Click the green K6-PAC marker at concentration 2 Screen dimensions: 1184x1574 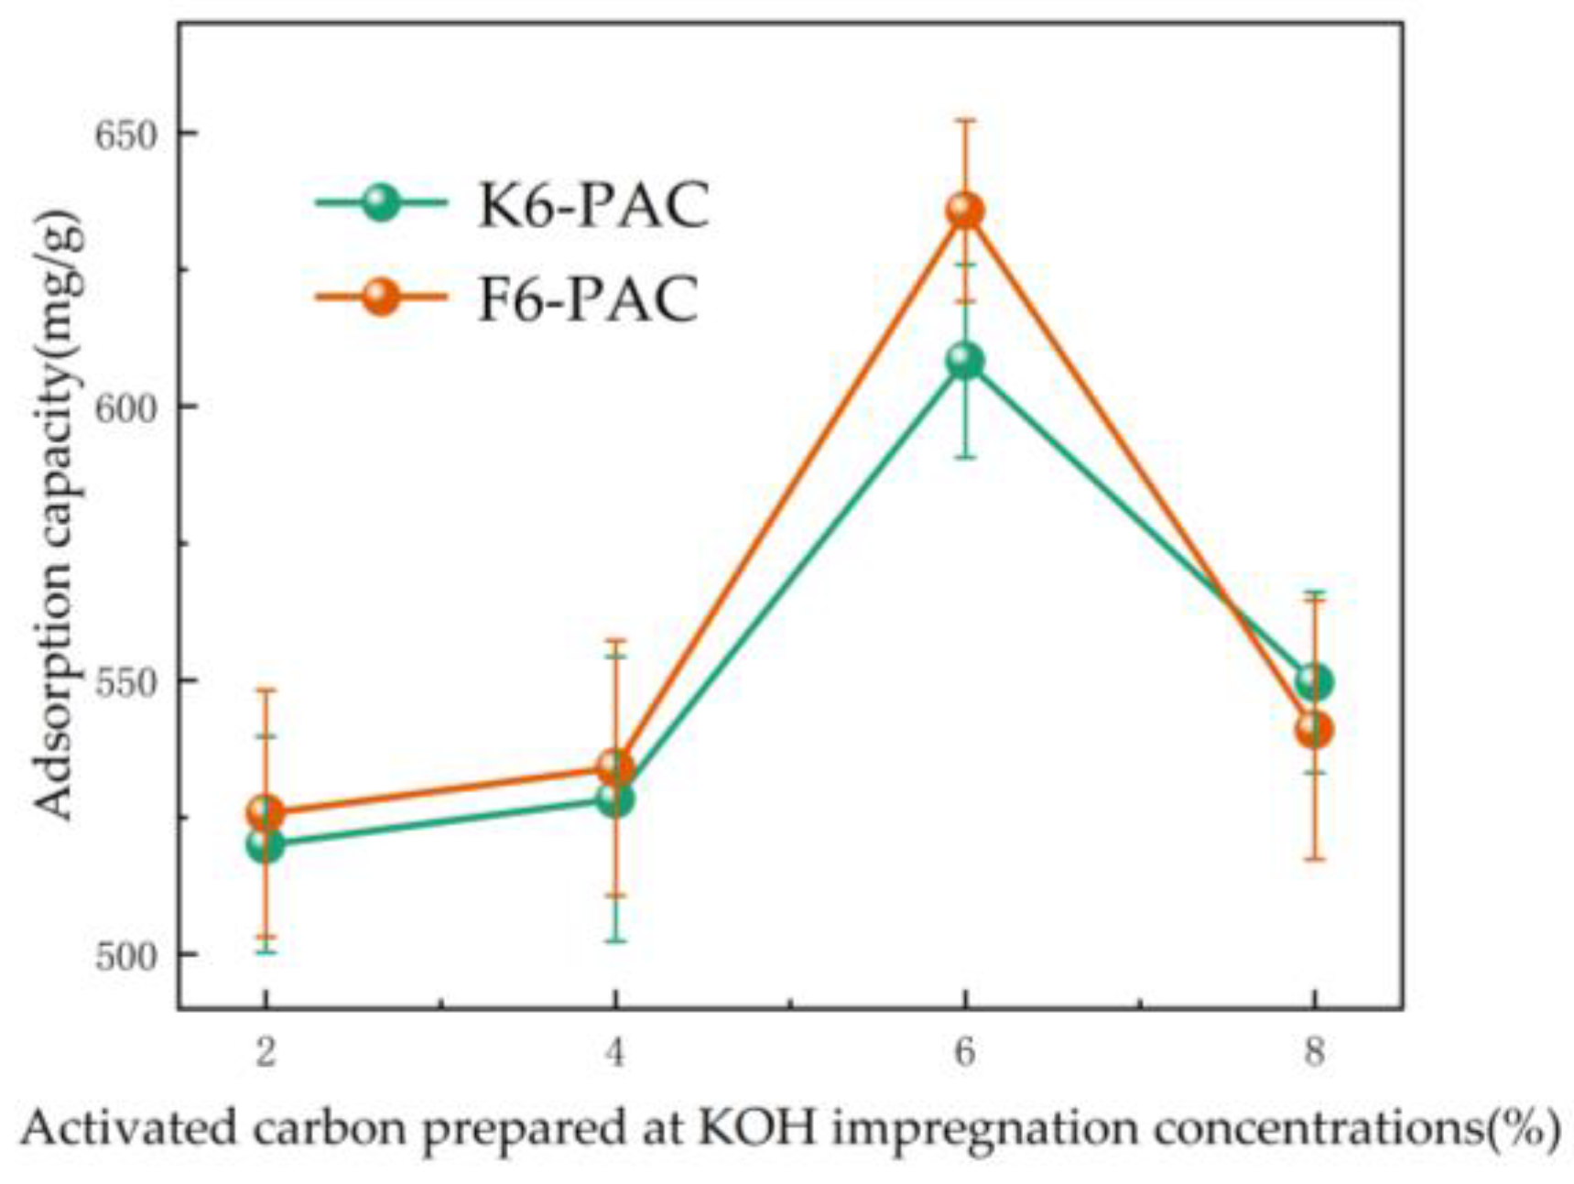[x=265, y=844]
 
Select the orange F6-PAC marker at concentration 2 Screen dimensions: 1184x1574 [x=265, y=812]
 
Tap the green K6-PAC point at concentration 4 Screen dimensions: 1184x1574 [x=615, y=799]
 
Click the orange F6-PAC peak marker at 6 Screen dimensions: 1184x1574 [x=964, y=211]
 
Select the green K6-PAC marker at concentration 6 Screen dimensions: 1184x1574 [x=964, y=361]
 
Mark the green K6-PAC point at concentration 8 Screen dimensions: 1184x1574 [x=1314, y=682]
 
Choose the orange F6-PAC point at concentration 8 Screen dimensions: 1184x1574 [x=1314, y=731]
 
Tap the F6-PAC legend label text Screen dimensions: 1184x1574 [x=588, y=299]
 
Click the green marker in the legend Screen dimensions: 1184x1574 [x=381, y=202]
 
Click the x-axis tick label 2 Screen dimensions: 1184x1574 [x=265, y=1053]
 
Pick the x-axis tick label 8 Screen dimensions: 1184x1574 [x=1314, y=1053]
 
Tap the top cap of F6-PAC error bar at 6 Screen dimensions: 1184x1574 [x=964, y=120]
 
